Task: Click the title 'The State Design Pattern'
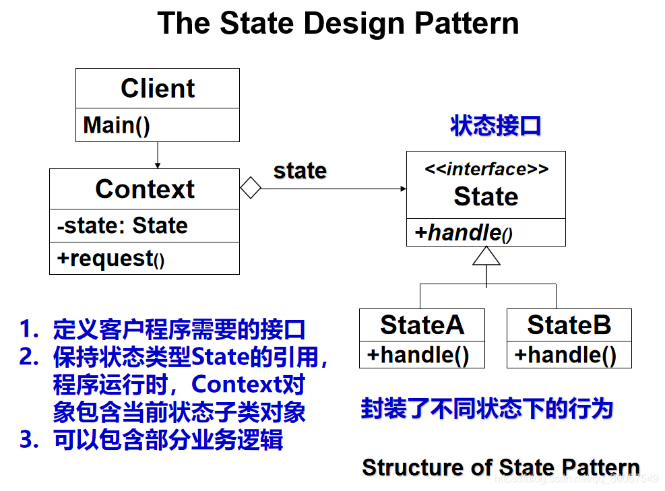[x=338, y=24]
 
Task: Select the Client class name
[x=158, y=88]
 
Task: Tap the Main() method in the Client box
[x=117, y=125]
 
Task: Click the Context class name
[x=145, y=189]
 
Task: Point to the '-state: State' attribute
[x=122, y=226]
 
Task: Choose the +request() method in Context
[x=110, y=259]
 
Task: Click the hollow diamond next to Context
[x=251, y=189]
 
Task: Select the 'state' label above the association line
[x=300, y=170]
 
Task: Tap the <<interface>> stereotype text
[x=486, y=169]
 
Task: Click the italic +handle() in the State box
[x=464, y=233]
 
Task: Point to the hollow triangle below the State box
[x=486, y=256]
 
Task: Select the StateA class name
[x=422, y=325]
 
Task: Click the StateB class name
[x=569, y=325]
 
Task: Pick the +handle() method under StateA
[x=418, y=355]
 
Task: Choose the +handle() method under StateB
[x=565, y=355]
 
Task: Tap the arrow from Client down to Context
[x=158, y=156]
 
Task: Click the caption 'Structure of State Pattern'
[x=501, y=467]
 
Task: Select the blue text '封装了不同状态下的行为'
[x=486, y=409]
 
